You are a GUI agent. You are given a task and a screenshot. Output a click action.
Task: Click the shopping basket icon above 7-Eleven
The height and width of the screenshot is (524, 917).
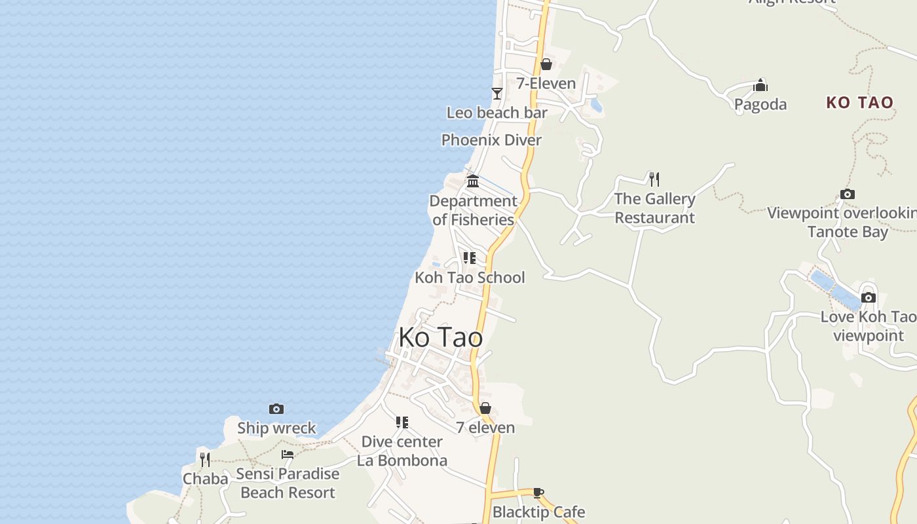(x=546, y=64)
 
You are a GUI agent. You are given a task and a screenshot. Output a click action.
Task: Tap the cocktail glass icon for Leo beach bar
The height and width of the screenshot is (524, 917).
(x=497, y=94)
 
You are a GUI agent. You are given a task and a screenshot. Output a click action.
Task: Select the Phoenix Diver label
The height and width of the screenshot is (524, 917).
(x=491, y=140)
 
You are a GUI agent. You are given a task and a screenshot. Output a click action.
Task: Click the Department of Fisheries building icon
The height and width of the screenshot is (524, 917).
(x=473, y=181)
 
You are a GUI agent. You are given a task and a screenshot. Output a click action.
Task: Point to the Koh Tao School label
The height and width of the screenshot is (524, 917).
(x=470, y=277)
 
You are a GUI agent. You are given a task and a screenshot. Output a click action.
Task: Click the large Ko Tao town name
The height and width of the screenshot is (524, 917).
(x=441, y=337)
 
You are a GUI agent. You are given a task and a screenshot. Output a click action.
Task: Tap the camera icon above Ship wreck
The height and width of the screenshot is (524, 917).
(x=276, y=409)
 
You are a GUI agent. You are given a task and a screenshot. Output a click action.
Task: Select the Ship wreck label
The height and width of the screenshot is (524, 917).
(x=276, y=428)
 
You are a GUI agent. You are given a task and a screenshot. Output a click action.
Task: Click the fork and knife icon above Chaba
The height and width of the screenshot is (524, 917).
(x=205, y=459)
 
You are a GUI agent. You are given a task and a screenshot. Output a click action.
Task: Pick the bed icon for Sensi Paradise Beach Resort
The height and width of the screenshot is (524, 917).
(x=288, y=454)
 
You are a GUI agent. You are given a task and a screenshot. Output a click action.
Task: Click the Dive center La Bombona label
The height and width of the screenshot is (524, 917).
(x=402, y=451)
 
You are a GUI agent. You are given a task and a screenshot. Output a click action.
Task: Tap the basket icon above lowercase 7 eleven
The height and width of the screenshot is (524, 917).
(x=485, y=408)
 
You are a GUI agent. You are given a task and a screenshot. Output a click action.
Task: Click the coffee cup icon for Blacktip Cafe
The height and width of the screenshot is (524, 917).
(x=538, y=493)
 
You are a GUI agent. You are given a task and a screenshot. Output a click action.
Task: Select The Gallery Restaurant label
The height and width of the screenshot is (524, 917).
(x=654, y=208)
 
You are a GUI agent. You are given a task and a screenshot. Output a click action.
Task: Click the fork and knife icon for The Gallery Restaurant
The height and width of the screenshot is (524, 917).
(x=654, y=179)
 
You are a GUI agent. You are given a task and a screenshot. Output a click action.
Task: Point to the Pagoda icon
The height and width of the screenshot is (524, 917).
(x=760, y=85)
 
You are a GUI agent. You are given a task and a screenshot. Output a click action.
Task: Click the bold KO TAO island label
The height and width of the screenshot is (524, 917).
(x=859, y=102)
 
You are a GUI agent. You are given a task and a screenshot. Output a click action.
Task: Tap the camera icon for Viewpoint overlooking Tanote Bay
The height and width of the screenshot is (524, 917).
(x=848, y=195)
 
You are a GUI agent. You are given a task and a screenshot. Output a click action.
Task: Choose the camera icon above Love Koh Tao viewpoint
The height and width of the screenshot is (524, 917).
(x=869, y=297)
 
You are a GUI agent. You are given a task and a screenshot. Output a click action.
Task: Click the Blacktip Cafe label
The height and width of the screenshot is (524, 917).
(x=538, y=512)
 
